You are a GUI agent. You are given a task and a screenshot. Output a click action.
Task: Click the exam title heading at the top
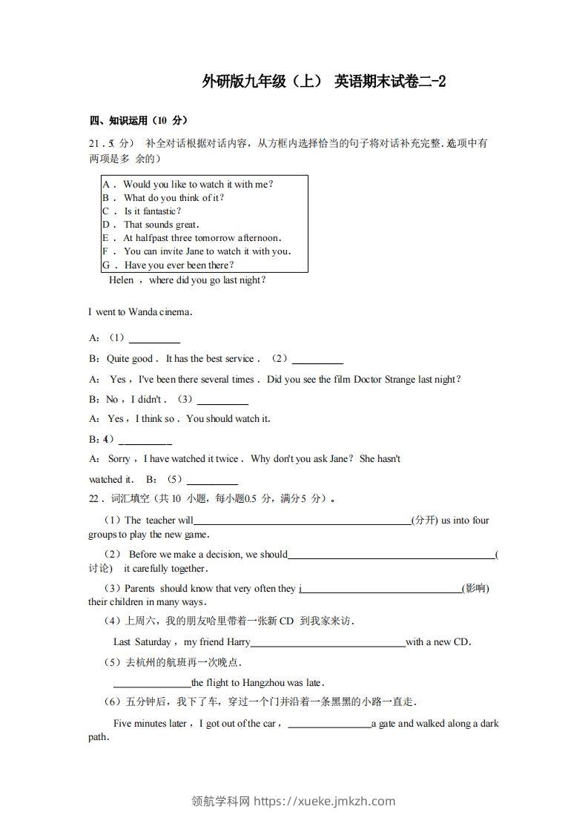324,81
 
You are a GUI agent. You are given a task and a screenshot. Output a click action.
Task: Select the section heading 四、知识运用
138,121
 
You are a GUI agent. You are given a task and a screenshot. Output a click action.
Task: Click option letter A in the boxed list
107,184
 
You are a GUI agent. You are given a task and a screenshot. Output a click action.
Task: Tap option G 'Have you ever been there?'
179,265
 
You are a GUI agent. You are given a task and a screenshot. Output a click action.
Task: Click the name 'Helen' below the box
121,280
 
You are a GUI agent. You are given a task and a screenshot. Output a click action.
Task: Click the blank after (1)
154,340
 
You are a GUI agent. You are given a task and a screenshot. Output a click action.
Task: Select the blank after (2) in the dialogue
317,361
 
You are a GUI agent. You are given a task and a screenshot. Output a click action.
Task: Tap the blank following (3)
222,402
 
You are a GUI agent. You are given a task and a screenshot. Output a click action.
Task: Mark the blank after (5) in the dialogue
212,481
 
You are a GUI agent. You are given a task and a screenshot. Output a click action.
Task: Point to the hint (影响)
475,589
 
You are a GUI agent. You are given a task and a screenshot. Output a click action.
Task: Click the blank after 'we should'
391,555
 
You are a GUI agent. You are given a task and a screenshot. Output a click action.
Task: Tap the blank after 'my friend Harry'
328,643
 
